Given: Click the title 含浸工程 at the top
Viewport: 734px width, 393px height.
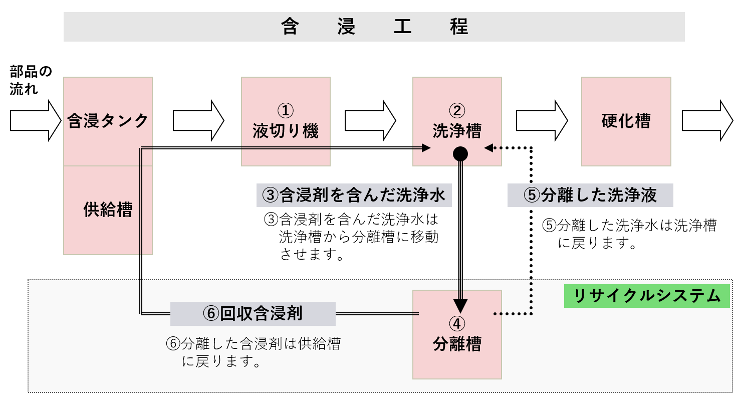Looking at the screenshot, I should [374, 27].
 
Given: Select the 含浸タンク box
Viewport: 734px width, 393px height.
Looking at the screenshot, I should [108, 121].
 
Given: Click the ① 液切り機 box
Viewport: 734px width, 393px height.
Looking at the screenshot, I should [286, 121].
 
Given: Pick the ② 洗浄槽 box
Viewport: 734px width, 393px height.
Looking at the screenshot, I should [457, 121].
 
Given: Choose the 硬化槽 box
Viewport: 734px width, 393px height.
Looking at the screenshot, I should [626, 121].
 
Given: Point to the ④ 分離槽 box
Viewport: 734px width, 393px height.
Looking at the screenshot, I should [457, 334].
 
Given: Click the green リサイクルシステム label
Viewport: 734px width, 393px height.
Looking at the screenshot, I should [646, 296].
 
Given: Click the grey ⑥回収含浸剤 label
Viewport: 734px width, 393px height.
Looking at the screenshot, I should [253, 314].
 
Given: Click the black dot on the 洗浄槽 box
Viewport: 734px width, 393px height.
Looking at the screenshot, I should [460, 154].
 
